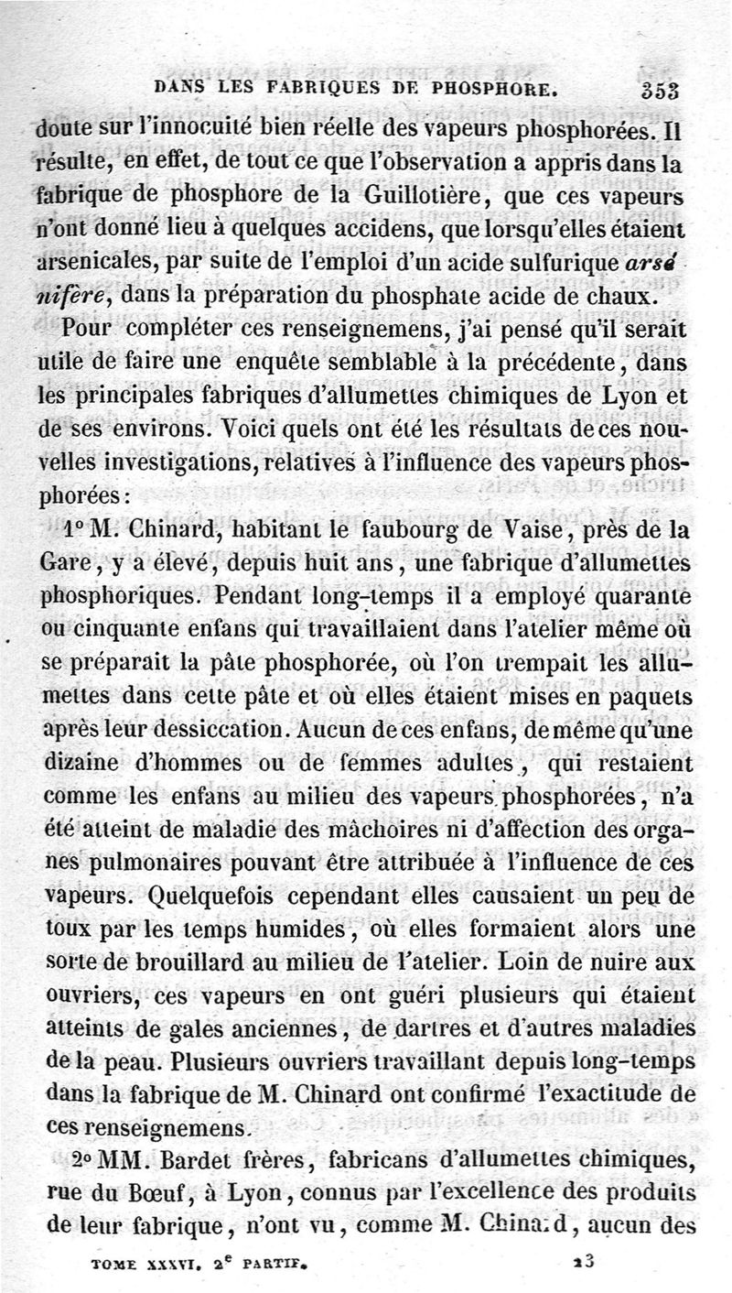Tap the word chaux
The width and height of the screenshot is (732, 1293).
(x=640, y=296)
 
